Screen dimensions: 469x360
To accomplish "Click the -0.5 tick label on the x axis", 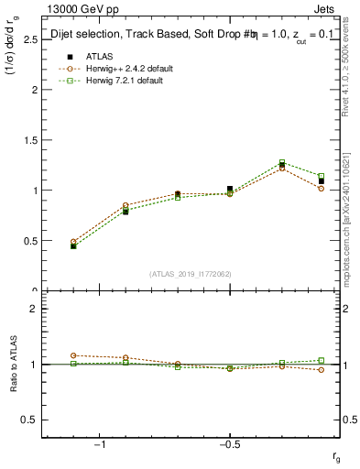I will point(229,444).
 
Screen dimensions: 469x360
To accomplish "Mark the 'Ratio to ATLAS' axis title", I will point(13,364).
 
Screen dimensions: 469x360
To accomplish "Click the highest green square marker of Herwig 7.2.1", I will point(282,162).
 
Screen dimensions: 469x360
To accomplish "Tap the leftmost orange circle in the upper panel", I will point(73,242).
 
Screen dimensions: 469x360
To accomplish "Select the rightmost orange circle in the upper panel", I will point(321,189).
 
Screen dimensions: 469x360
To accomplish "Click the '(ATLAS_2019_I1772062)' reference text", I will point(190,273).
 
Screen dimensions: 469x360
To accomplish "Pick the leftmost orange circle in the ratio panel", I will point(73,355).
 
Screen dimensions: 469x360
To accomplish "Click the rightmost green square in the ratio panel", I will point(321,360).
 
